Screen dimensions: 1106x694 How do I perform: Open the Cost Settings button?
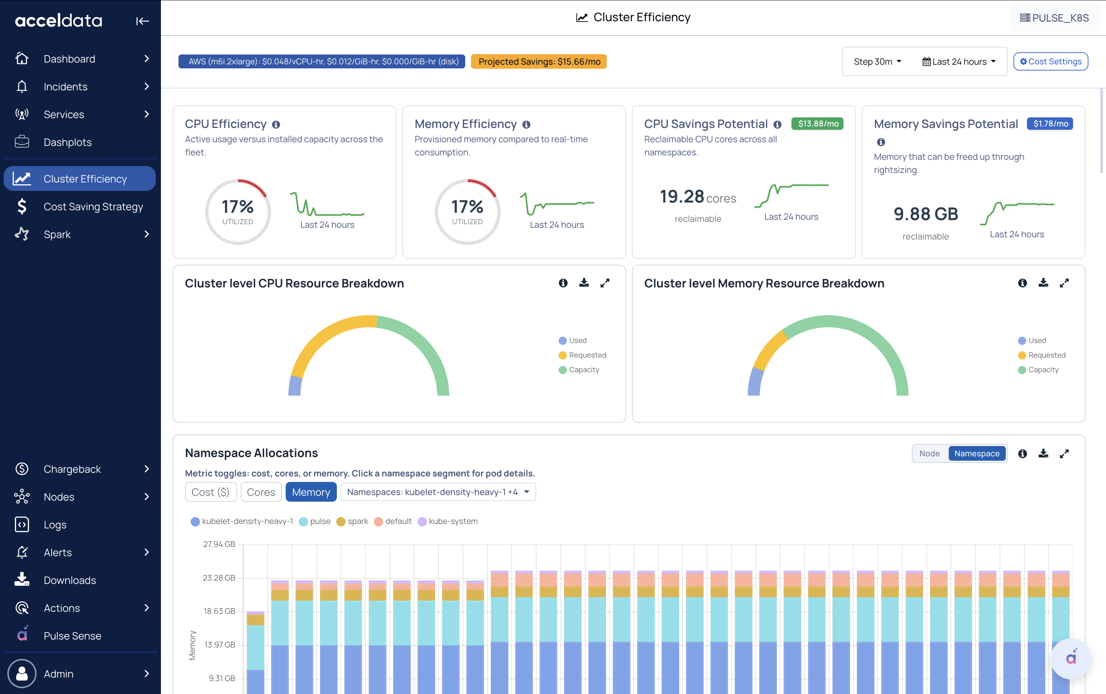point(1050,61)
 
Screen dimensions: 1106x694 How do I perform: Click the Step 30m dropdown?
point(877,61)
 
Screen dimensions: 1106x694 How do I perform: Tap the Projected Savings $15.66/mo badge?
point(539,61)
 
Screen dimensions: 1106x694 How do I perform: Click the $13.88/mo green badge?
point(818,124)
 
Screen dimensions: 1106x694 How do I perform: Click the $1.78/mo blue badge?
point(1050,124)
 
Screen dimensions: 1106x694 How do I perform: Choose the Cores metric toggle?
point(261,492)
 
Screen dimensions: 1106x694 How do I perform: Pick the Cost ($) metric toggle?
point(210,492)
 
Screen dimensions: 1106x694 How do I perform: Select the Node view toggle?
point(929,453)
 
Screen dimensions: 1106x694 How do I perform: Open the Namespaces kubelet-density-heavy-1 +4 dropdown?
point(438,492)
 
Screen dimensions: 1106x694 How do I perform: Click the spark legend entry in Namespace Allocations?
point(352,521)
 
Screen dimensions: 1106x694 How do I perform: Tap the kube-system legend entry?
point(448,521)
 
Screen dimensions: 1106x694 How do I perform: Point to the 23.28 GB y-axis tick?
point(219,578)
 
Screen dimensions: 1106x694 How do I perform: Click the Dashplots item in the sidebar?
point(68,142)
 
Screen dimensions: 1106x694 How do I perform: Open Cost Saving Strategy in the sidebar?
point(93,207)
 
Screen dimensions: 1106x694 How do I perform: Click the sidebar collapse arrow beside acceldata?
point(142,21)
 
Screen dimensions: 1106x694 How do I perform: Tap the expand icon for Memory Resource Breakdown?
point(1064,283)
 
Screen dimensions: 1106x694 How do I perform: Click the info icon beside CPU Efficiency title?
point(276,124)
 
